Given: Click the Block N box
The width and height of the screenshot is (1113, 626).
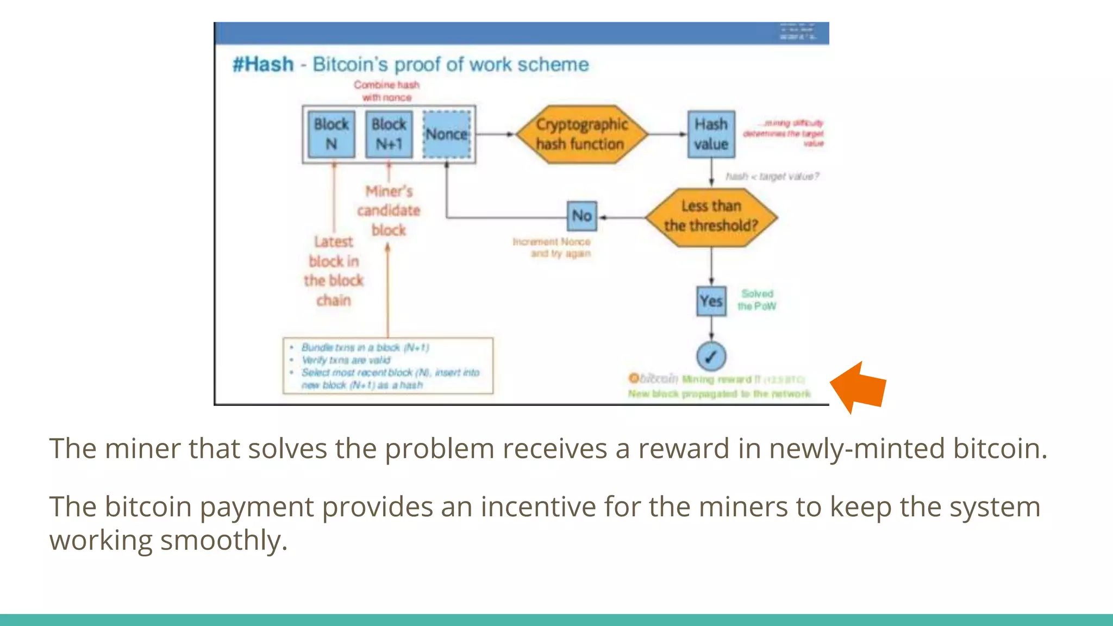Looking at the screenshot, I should (331, 134).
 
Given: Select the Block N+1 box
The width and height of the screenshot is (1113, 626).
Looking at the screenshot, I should (389, 134).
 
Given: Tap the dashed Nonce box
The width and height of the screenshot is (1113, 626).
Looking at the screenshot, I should (447, 134).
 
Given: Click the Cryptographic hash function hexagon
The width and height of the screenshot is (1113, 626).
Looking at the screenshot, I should (581, 134).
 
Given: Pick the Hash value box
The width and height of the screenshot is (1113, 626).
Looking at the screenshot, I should (711, 134).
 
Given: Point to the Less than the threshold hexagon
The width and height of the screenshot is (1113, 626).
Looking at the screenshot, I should (711, 217).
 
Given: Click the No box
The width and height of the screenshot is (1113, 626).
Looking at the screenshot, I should (581, 216).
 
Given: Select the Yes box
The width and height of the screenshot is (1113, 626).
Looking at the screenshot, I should (711, 301).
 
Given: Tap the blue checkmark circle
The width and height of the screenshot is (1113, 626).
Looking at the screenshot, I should (711, 356).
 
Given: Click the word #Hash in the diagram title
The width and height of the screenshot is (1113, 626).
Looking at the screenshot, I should (263, 64).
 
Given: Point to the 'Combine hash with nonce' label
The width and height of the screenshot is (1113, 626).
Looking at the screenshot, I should (386, 91).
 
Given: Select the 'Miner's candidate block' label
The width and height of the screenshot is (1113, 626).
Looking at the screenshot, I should (389, 211).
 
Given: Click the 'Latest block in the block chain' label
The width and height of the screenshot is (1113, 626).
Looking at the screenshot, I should (334, 271).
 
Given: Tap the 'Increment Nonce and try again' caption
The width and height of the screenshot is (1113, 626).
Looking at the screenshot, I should (552, 247).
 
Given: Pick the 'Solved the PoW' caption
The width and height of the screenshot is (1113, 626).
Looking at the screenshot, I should (757, 300).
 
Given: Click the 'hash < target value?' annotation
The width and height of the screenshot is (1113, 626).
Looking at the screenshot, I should (772, 177).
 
